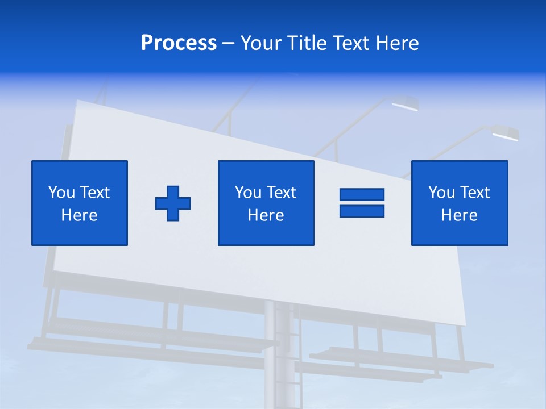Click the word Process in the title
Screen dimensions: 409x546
(179, 43)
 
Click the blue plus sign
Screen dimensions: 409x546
(173, 203)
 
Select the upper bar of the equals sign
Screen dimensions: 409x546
(362, 194)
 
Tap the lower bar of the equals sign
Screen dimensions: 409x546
(362, 211)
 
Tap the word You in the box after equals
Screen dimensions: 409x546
(441, 193)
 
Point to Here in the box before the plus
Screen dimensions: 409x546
(80, 215)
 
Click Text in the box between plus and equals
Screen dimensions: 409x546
(280, 193)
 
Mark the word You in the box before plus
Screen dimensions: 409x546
(61, 193)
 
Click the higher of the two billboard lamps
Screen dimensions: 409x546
(405, 103)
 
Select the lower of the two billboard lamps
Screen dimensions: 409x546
(504, 134)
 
